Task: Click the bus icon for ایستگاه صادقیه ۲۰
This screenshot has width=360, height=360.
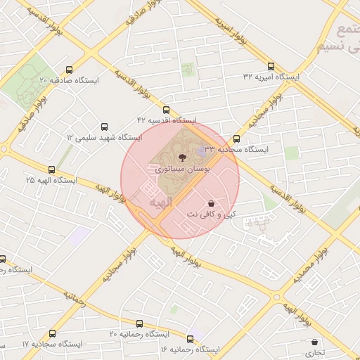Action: [69, 70]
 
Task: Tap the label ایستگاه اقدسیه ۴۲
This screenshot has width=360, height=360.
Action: [167, 121]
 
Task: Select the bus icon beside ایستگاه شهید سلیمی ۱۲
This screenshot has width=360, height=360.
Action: [105, 127]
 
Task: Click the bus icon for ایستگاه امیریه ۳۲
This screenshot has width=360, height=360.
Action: [271, 65]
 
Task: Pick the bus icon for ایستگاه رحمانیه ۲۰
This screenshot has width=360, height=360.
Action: [139, 324]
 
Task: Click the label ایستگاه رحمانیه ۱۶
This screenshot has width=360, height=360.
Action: [190, 349]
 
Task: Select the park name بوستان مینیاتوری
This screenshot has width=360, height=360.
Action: [180, 169]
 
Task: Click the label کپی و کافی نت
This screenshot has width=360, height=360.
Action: [211, 213]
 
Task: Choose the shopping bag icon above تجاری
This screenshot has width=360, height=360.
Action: [314, 342]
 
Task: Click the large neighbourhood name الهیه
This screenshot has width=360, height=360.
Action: [160, 202]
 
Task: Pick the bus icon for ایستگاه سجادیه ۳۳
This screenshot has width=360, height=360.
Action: [236, 139]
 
